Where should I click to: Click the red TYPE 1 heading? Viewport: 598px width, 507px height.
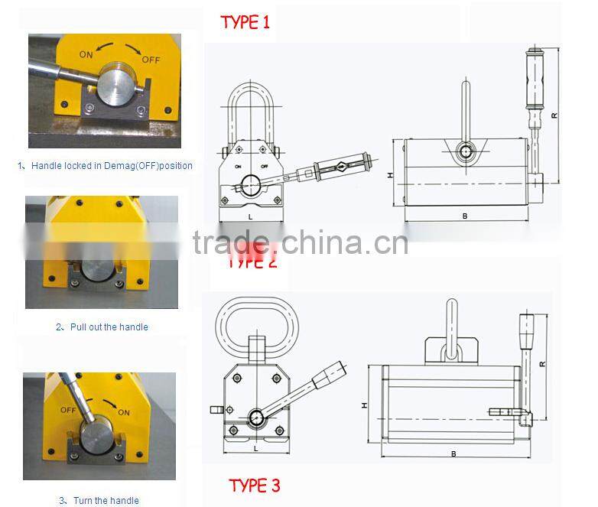(245, 22)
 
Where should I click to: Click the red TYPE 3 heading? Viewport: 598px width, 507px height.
(254, 485)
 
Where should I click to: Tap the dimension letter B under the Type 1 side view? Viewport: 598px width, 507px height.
(464, 216)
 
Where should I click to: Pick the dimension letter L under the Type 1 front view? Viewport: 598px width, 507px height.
(251, 217)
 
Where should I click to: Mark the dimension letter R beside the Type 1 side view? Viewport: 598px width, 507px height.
(554, 115)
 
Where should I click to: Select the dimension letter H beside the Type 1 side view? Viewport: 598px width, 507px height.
(390, 174)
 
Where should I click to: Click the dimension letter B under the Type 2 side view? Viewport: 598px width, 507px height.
(453, 454)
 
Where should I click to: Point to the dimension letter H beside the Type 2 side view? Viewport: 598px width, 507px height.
(365, 405)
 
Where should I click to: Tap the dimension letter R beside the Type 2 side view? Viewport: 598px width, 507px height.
(541, 364)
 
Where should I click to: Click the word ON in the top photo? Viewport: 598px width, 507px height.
(86, 55)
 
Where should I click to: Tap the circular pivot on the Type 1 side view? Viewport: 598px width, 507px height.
(465, 151)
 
